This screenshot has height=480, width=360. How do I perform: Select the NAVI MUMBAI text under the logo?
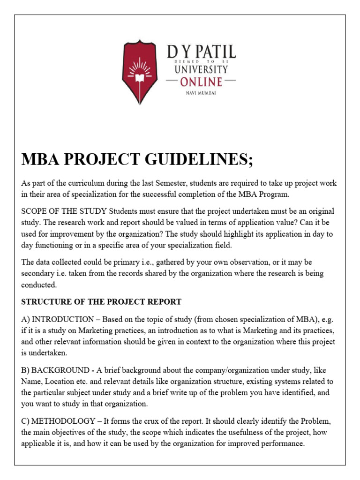point(201,93)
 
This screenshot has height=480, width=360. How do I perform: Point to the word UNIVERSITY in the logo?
point(201,69)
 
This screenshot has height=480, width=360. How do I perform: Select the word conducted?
point(39,285)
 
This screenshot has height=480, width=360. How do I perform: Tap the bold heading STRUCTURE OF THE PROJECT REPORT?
point(101,301)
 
